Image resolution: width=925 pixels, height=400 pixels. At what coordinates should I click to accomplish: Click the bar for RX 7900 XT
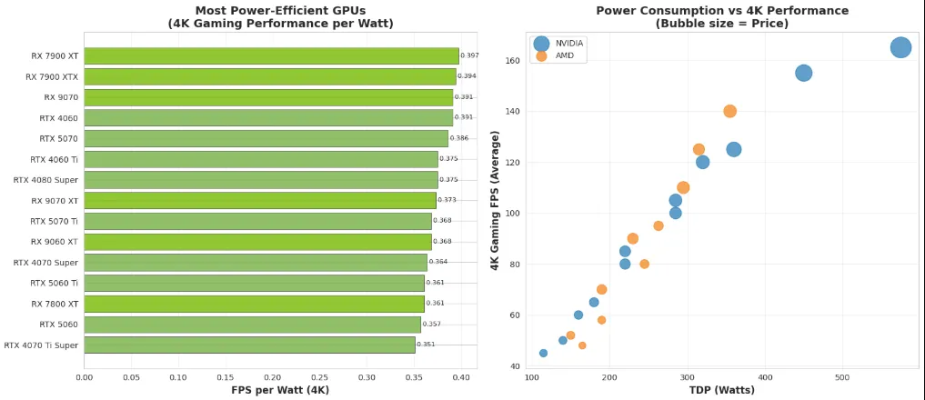coord(271,55)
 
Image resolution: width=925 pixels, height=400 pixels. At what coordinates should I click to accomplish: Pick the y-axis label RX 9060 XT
coord(55,242)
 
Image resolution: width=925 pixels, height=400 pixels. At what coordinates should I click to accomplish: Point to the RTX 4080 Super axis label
coord(45,180)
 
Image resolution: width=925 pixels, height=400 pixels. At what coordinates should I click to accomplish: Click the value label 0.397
coord(469,55)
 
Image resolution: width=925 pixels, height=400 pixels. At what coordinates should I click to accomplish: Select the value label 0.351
coord(426,345)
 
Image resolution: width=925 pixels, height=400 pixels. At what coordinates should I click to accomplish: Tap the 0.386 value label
coord(459,138)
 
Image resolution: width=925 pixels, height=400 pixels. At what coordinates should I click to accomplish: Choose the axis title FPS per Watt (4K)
coord(280,390)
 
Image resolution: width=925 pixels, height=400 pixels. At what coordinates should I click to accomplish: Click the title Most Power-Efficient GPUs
coord(280,11)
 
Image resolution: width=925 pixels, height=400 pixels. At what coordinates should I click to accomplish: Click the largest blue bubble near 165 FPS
coord(900,47)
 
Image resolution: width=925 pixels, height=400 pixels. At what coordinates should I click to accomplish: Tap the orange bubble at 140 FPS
coord(729,111)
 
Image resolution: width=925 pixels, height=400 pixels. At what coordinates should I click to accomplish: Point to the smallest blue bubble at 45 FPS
coord(543,353)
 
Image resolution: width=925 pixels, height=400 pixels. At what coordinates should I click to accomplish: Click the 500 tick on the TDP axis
coord(842,376)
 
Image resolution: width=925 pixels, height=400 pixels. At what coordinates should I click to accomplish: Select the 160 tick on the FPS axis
coord(512,61)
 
